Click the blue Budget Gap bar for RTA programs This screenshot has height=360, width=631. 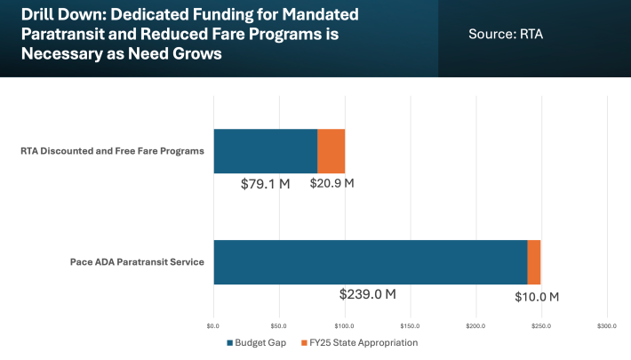tap(265, 151)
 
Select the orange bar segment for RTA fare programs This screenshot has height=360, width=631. tap(331, 151)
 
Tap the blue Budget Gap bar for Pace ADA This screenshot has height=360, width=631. tap(370, 262)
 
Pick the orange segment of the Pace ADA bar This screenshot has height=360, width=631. tap(534, 262)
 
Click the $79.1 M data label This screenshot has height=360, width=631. tap(266, 184)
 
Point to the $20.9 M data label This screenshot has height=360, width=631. tap(332, 184)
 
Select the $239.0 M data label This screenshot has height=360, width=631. tap(368, 294)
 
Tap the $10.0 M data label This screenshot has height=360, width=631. tap(537, 296)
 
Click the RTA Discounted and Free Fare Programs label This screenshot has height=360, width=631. tap(113, 151)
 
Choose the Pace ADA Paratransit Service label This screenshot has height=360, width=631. tap(138, 262)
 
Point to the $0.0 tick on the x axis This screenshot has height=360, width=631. tap(213, 326)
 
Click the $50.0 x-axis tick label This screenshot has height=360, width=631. tap(278, 326)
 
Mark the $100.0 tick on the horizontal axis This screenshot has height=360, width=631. tap(344, 326)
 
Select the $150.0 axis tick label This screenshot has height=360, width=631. tap(410, 326)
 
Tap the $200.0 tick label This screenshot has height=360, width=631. tap(475, 326)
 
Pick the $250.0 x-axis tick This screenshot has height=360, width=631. tap(541, 326)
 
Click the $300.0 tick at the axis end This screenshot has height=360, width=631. tap(607, 326)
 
